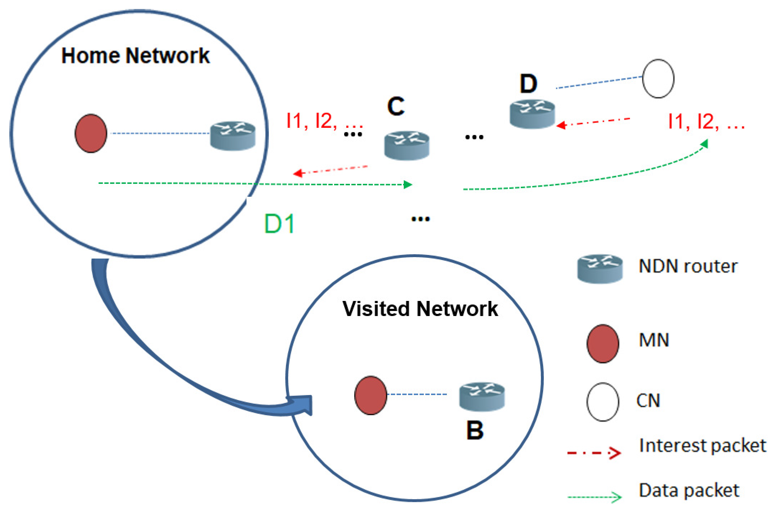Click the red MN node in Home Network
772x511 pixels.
point(91,134)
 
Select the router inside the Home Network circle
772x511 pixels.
point(233,136)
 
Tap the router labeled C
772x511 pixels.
point(407,145)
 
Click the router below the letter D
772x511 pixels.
point(532,114)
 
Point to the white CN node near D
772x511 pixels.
point(658,79)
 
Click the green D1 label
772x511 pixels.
point(279,224)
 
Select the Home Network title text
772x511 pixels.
point(135,56)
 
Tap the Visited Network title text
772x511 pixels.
point(420,309)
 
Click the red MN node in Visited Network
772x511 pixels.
point(370,395)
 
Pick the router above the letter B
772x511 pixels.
point(482,396)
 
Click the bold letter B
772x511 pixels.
point(475,430)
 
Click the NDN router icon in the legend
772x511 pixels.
point(600,269)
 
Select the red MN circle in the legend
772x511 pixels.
point(603,344)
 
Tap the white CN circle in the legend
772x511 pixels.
point(603,402)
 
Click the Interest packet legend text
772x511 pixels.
point(702,446)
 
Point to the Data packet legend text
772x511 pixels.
point(689,491)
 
